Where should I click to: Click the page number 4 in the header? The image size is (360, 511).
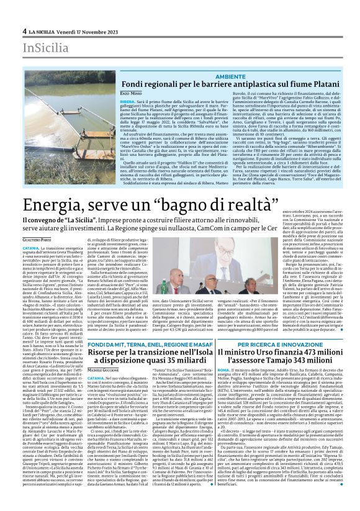[24, 30]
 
